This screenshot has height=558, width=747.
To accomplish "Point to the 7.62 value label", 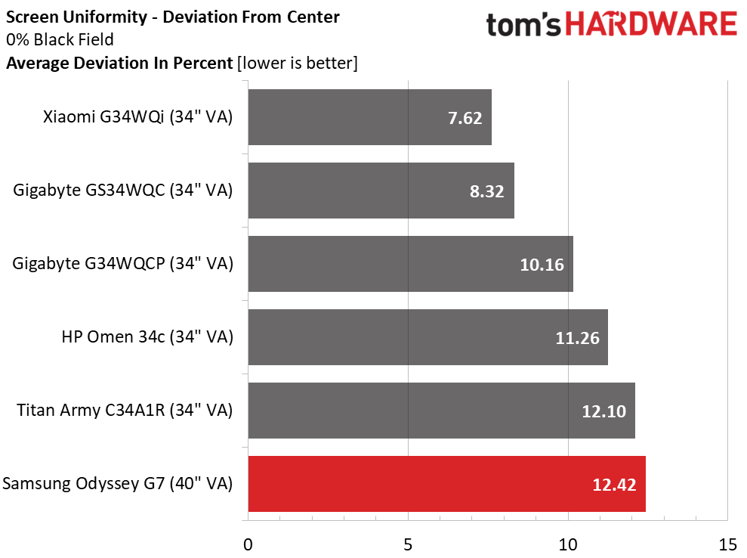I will [465, 118].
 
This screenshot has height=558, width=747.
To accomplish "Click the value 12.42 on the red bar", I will [615, 485].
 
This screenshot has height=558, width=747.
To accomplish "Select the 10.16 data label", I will [542, 265].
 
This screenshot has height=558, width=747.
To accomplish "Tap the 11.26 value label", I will [577, 338].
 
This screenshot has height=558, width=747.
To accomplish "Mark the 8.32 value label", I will [487, 191].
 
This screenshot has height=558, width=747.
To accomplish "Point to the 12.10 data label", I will [604, 411].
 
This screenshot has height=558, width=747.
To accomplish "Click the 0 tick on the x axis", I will [248, 544].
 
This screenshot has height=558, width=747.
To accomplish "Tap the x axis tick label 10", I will [567, 544].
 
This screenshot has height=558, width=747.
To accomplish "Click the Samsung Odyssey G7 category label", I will [117, 484].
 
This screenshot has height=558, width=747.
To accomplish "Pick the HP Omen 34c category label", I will [147, 337].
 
